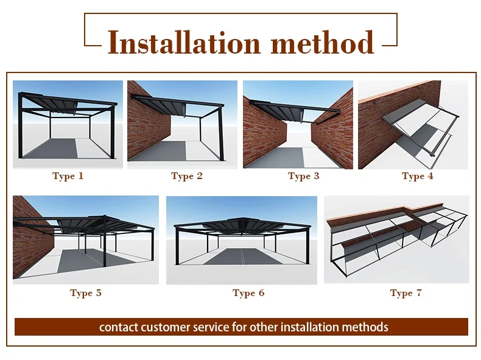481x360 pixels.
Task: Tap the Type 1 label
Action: pyautogui.click(x=68, y=176)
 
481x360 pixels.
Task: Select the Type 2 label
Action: pyautogui.click(x=187, y=176)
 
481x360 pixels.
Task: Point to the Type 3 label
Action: pyautogui.click(x=303, y=176)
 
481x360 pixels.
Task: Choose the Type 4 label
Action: pyautogui.click(x=418, y=176)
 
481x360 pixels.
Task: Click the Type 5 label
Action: pyautogui.click(x=86, y=293)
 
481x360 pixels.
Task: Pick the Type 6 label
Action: pyautogui.click(x=248, y=293)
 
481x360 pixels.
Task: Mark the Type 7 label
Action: pyautogui.click(x=406, y=293)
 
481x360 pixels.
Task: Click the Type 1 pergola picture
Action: pyautogui.click(x=68, y=124)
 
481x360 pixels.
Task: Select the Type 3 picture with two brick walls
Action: pyautogui.click(x=298, y=124)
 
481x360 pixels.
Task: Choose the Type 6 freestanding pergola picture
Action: pyautogui.click(x=241, y=240)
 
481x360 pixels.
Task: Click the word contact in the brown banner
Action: pyautogui.click(x=119, y=327)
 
